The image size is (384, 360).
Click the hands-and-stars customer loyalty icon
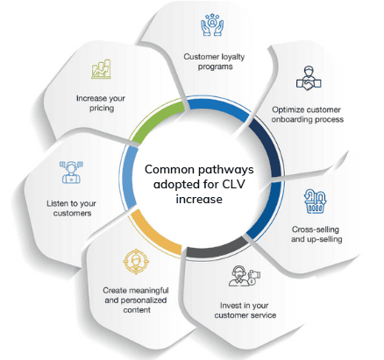[212, 25]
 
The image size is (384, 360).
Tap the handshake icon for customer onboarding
[309, 78]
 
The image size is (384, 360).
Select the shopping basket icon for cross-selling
[315, 201]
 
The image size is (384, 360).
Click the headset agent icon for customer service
[245, 276]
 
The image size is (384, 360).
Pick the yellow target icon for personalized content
[136, 262]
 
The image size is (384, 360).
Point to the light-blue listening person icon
[71, 173]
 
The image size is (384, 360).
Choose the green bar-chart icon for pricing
[101, 69]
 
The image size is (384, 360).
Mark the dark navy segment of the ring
[267, 146]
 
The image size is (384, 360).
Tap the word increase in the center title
[199, 199]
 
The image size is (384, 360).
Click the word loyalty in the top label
[232, 57]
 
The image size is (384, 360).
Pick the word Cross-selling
[316, 229]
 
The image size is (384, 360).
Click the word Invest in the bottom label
[231, 306]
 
